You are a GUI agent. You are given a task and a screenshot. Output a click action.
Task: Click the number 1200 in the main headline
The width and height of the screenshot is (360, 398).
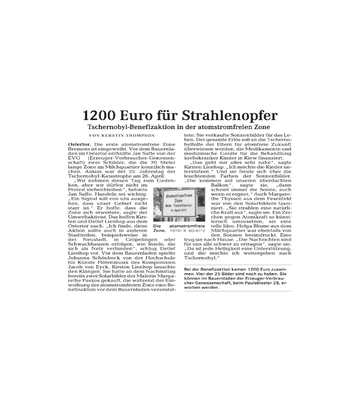pyautogui.click(x=99, y=115)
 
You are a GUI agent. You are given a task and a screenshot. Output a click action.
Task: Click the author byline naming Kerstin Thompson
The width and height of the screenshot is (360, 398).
pyautogui.click(x=122, y=136)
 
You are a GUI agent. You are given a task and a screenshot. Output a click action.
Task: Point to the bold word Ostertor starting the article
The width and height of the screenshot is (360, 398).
pyautogui.click(x=80, y=145)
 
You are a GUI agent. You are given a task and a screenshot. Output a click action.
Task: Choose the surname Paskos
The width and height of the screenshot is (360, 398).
pyautogui.click(x=92, y=281)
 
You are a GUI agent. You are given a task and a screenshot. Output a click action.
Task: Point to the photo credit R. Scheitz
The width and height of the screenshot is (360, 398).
pyautogui.click(x=194, y=231)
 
